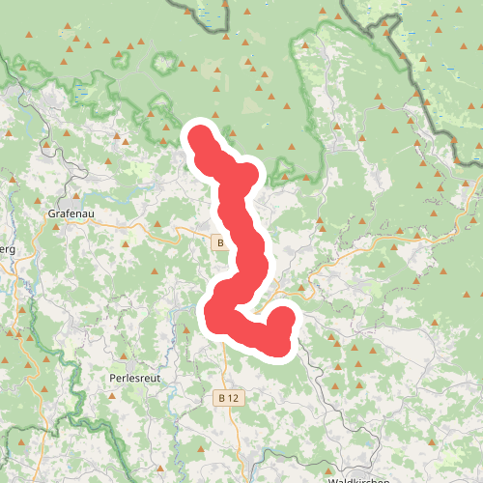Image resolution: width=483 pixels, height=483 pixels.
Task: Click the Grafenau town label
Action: pyautogui.click(x=69, y=213)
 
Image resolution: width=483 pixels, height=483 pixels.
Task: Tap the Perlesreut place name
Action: pyautogui.click(x=133, y=377)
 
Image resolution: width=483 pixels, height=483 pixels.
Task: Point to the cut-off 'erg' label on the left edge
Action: pyautogui.click(x=8, y=248)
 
